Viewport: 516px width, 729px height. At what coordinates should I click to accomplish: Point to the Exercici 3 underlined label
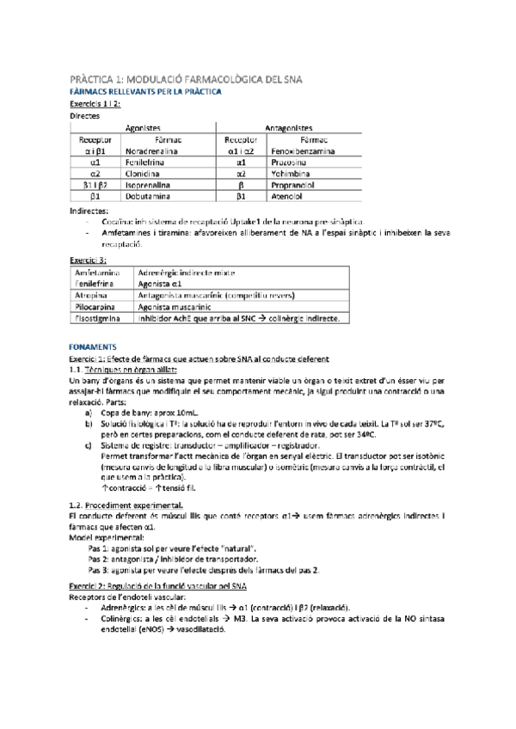coord(88,259)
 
